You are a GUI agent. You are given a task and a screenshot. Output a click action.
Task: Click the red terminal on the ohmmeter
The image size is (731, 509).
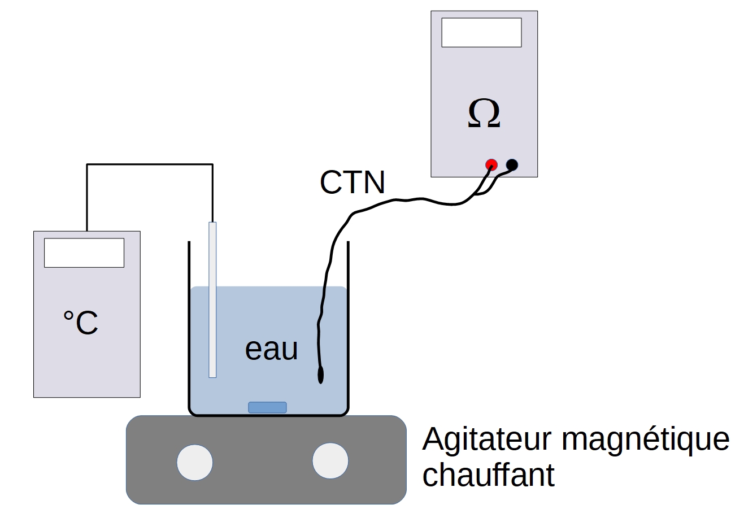pos(491,164)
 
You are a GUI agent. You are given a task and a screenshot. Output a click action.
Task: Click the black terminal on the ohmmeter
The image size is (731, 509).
pos(512,164)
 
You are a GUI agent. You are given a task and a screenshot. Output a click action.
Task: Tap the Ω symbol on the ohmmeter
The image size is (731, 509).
pos(484,114)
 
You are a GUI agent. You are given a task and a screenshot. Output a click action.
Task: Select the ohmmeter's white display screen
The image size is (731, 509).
pos(481,32)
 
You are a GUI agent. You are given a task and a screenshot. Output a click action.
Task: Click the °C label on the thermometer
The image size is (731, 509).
pos(80,323)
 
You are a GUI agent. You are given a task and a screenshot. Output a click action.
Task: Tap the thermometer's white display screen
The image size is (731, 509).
pos(84,253)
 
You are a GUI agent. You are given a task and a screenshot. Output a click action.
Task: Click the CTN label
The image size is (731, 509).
pos(353,182)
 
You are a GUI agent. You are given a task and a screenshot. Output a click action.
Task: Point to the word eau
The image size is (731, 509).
pos(271,349)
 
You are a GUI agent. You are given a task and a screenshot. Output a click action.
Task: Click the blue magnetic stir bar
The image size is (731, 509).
pos(267,407)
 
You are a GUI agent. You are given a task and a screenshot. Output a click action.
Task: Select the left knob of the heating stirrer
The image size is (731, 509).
pos(195,462)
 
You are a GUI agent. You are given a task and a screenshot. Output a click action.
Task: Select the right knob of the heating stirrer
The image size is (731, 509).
pos(330,460)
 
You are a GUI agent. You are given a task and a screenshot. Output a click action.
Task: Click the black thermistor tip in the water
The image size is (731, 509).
pos(321,375)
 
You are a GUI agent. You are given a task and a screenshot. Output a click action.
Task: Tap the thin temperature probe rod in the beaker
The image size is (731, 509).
pos(212,299)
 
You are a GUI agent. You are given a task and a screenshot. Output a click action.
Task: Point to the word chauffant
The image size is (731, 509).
pos(488,475)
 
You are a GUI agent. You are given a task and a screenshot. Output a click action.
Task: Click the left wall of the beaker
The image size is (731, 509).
pos(189,328)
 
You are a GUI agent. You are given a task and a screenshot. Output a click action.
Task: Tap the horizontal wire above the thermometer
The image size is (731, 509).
pos(150,164)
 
